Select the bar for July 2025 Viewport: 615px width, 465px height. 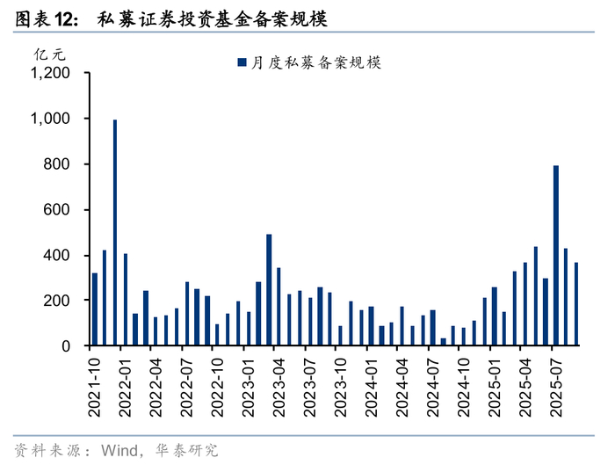[x=556, y=256]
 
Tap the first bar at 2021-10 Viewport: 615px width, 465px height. [x=95, y=309]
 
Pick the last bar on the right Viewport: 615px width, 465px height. [x=576, y=304]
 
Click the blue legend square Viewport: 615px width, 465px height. [x=242, y=62]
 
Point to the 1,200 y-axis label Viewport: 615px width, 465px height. [x=50, y=73]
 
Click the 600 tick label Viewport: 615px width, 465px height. [x=56, y=209]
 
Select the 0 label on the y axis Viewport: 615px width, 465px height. [x=66, y=346]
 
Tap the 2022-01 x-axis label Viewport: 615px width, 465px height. [x=125, y=388]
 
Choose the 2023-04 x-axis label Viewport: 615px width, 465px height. [x=279, y=388]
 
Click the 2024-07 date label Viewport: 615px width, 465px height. [x=432, y=388]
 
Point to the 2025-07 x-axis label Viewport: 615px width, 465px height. [x=556, y=388]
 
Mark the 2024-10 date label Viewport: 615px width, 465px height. [x=464, y=388]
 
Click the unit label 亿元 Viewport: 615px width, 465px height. [x=49, y=54]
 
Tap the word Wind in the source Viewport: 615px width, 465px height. [x=119, y=450]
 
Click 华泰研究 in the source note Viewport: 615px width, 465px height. [x=186, y=450]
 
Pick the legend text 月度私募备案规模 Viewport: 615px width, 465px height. [x=315, y=62]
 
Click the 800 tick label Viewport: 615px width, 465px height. [x=56, y=164]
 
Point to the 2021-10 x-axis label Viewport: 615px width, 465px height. [x=94, y=388]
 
